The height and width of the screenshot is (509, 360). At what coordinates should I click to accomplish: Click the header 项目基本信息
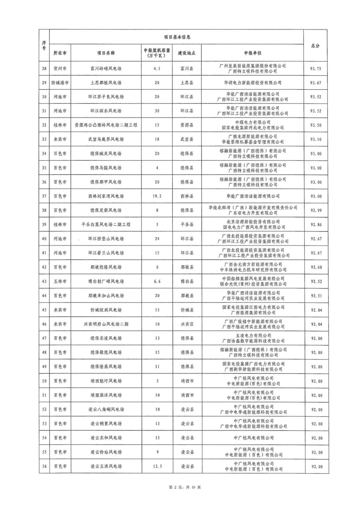177,37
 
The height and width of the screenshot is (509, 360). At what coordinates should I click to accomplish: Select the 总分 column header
315,46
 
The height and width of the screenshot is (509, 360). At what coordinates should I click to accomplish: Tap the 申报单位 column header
253,53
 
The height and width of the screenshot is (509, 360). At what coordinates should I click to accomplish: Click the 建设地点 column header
187,53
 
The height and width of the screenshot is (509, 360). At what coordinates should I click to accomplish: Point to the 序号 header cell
44,46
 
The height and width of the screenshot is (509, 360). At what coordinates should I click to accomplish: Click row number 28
44,69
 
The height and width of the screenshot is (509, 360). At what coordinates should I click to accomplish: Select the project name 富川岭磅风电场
106,69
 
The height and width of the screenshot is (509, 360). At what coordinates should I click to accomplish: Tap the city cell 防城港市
60,83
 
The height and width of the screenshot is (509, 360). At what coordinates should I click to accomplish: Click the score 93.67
316,83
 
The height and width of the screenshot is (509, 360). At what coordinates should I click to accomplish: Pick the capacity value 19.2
157,196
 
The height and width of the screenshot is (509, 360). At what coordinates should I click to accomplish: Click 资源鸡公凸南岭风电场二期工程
106,125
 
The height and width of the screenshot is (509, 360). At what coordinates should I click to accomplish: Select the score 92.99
316,210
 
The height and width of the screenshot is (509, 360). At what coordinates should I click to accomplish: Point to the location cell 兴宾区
187,324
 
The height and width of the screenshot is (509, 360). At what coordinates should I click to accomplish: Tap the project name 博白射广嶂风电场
106,281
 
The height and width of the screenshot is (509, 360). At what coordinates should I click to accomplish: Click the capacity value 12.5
157,466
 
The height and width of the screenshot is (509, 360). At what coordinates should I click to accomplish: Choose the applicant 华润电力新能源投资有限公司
253,83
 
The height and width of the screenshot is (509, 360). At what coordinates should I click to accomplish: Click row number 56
44,466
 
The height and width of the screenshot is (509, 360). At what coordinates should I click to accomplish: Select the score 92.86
316,225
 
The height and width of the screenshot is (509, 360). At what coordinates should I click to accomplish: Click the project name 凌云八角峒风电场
106,409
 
